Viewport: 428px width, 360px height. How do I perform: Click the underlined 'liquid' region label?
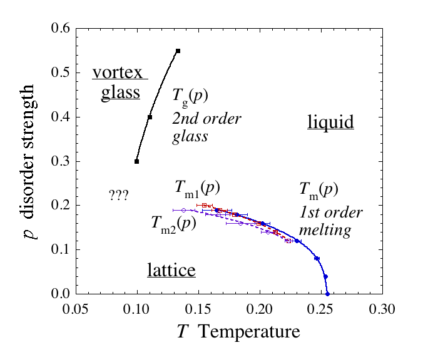click(330, 122)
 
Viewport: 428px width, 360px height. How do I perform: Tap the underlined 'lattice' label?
click(171, 270)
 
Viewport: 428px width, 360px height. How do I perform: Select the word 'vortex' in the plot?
click(119, 73)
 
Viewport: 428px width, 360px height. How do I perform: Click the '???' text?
click(118, 195)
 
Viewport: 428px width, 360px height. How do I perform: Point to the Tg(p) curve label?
click(190, 96)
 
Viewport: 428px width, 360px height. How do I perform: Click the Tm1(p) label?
click(196, 187)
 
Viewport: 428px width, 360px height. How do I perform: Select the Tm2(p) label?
click(174, 223)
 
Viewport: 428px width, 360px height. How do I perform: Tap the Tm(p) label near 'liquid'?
click(319, 188)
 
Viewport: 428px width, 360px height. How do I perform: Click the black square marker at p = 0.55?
click(178, 51)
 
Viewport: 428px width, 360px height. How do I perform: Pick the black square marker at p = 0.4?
click(150, 117)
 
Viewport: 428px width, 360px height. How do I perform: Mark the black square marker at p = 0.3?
click(137, 161)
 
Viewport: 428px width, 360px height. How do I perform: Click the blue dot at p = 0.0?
click(327, 293)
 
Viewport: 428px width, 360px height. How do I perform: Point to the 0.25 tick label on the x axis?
click(320, 309)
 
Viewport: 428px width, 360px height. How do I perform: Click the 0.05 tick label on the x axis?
click(76, 309)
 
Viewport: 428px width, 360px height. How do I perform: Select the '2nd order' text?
click(206, 118)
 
